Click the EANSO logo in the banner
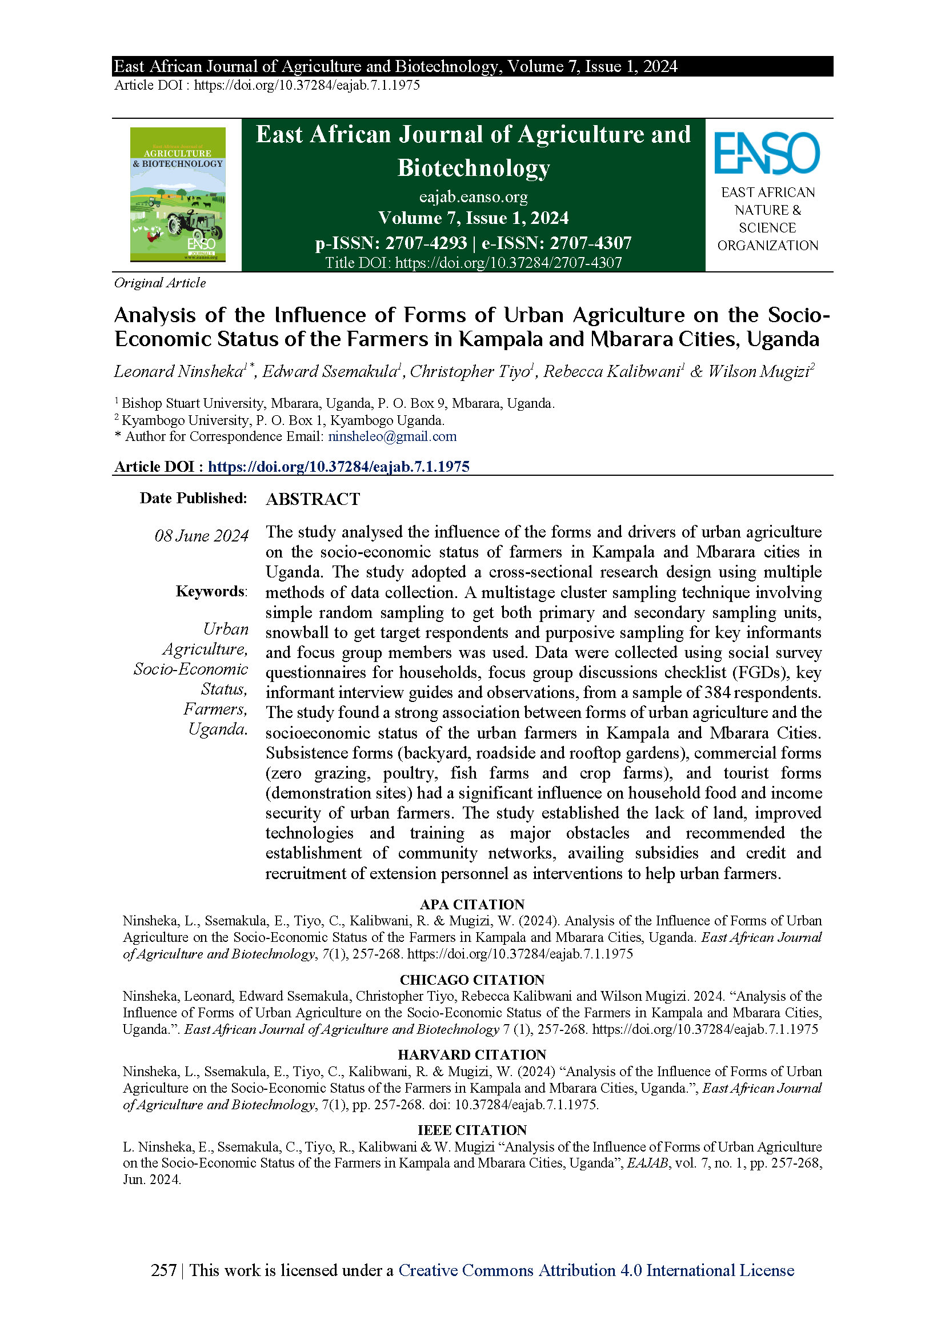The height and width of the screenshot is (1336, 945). [767, 153]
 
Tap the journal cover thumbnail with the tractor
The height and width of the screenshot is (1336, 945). [178, 194]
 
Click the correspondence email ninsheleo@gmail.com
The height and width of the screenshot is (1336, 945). [392, 436]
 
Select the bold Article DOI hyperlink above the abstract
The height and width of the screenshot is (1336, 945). [338, 467]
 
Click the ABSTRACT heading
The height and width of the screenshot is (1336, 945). [313, 499]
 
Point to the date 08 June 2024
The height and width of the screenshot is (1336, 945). [201, 535]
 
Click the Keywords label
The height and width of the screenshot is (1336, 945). [211, 591]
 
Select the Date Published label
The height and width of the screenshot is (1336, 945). [193, 498]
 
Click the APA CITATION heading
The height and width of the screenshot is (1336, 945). [472, 904]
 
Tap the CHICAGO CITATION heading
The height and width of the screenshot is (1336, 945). [472, 980]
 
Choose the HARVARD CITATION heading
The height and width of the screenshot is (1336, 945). [472, 1055]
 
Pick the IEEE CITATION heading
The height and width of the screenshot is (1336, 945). [472, 1130]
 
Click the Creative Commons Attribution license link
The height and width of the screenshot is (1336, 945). [596, 1270]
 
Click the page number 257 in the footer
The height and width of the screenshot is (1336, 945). [163, 1270]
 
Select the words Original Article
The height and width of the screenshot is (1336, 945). [160, 283]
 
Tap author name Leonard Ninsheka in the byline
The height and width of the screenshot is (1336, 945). [178, 371]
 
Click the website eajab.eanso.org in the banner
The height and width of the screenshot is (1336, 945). [473, 196]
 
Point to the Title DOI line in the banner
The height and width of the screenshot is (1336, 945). [473, 263]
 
